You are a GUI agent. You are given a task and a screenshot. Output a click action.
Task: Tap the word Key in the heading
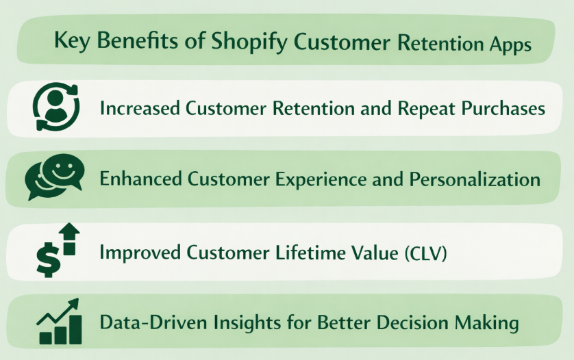pyautogui.click(x=71, y=41)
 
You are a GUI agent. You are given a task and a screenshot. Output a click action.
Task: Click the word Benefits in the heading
pyautogui.click(x=141, y=41)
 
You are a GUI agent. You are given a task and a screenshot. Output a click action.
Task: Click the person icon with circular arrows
pyautogui.click(x=55, y=107)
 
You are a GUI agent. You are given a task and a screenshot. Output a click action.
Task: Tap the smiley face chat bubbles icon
pyautogui.click(x=55, y=176)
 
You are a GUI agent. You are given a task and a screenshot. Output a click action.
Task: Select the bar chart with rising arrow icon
pyautogui.click(x=59, y=321)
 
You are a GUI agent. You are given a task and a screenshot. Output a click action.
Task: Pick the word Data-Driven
pyautogui.click(x=147, y=322)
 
